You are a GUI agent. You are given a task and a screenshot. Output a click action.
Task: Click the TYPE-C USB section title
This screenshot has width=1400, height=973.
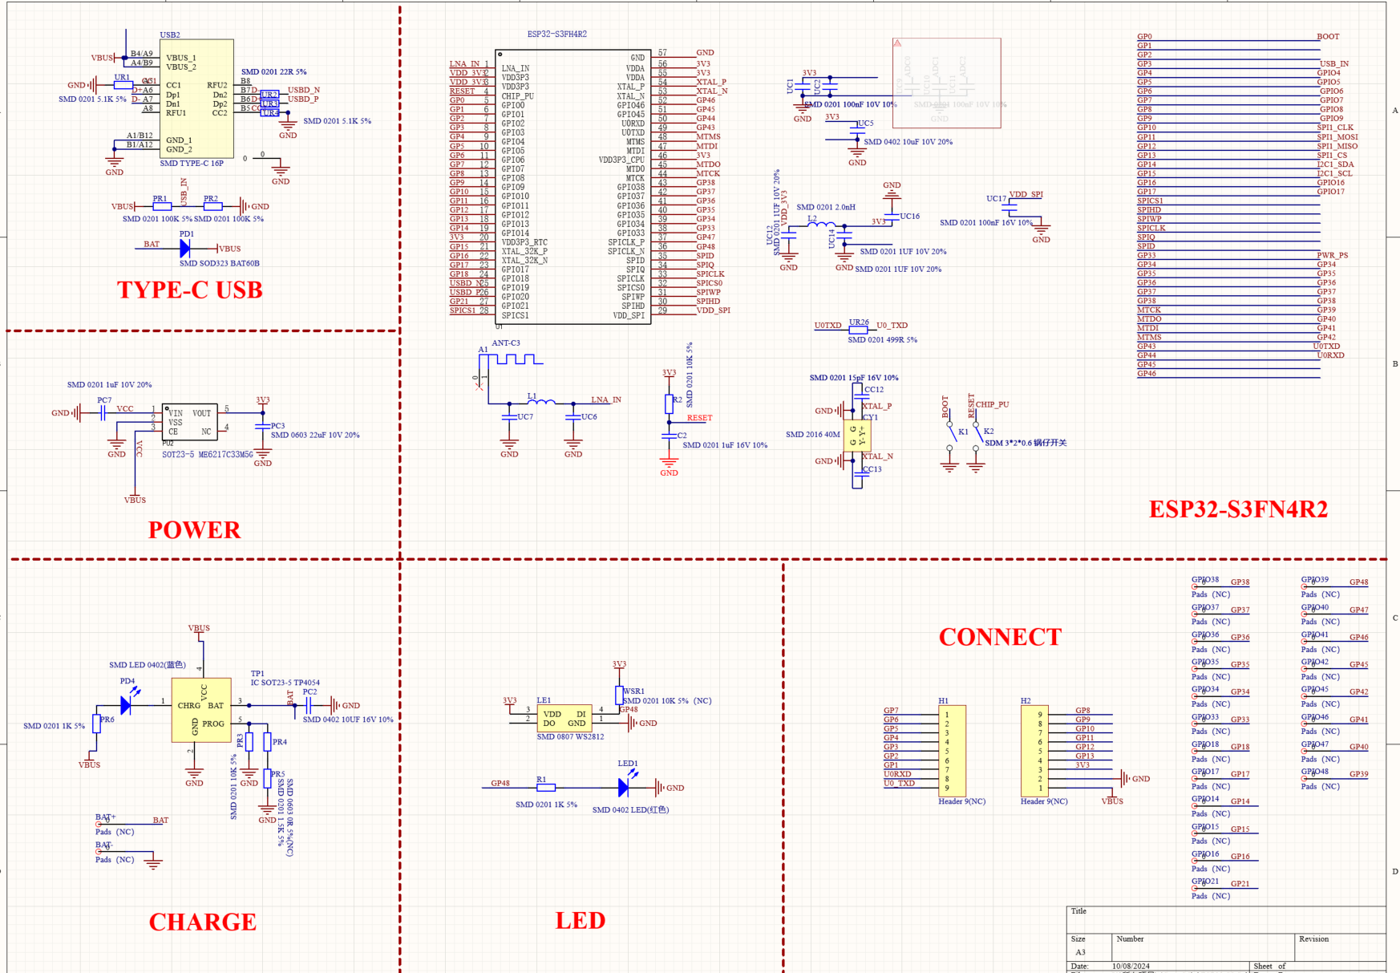[190, 290]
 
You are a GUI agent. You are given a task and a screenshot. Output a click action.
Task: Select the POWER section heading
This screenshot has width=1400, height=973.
[194, 529]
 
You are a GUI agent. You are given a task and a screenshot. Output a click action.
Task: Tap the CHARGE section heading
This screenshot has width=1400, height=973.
[202, 922]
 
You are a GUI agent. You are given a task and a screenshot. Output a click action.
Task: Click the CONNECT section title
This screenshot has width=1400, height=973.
[1000, 637]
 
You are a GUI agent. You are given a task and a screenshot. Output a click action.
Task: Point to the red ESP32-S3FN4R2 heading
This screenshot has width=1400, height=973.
[1238, 509]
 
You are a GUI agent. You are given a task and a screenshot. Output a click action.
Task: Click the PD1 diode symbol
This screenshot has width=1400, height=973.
[185, 249]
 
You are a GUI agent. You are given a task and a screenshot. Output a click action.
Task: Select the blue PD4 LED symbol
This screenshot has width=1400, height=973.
[126, 705]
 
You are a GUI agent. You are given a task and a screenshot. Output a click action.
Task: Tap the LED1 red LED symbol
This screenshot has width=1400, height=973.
[624, 788]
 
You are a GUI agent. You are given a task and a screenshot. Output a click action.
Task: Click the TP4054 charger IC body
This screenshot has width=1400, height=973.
[201, 710]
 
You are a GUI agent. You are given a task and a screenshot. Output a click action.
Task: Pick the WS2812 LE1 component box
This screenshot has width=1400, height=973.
[564, 718]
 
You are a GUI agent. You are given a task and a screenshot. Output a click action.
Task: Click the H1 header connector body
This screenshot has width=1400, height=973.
[952, 751]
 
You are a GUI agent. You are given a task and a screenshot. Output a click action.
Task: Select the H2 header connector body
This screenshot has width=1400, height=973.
[1035, 751]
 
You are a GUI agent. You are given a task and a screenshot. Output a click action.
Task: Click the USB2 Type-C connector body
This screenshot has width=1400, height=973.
[196, 99]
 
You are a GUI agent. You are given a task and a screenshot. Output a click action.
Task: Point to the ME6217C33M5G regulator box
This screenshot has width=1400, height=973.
[189, 422]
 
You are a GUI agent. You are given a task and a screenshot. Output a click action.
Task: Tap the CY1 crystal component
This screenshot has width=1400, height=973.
[857, 436]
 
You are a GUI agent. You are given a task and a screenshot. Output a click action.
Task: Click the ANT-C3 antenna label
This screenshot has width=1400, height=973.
[506, 343]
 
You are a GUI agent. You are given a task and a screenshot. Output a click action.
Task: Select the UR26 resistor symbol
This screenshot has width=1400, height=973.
[858, 330]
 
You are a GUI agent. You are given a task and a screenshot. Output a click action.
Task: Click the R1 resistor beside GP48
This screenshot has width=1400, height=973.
[546, 788]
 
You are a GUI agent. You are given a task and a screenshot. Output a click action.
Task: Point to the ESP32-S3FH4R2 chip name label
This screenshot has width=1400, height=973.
[556, 34]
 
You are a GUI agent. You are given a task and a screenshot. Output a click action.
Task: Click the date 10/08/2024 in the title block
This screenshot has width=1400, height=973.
[1131, 966]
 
